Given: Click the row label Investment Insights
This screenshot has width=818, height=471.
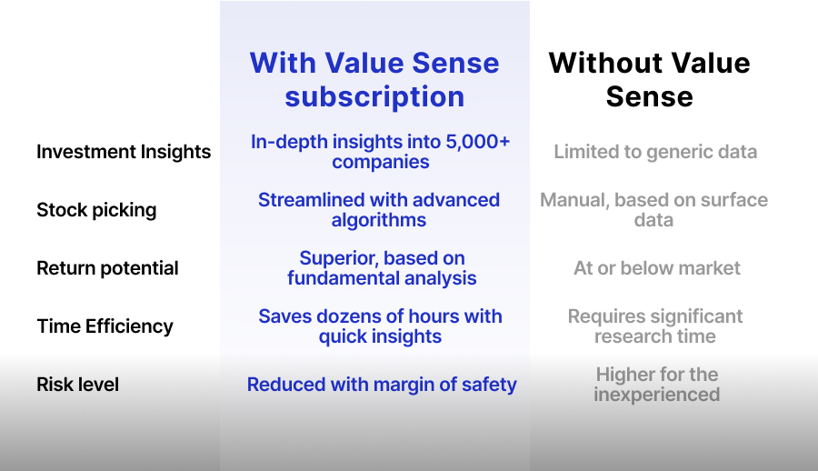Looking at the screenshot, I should (x=124, y=152).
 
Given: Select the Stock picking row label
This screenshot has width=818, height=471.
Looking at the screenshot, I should (x=96, y=210).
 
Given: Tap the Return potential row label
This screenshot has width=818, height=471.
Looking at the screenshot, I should (x=107, y=268).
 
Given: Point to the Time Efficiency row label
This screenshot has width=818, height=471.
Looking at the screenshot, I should (x=105, y=326).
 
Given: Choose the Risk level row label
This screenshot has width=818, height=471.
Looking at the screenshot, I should (x=77, y=385).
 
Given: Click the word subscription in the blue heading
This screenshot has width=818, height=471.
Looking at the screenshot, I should (x=374, y=96).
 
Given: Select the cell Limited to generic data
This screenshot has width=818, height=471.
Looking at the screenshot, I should (x=655, y=152).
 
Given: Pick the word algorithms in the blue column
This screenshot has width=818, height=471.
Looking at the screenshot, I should (x=379, y=220).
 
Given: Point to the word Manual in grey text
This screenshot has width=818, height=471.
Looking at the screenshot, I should (x=571, y=200).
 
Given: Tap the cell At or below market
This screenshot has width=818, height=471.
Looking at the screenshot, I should (x=657, y=268).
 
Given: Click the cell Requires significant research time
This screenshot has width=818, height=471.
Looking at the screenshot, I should (x=655, y=326).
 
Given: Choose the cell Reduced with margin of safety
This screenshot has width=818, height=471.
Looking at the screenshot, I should (x=382, y=385).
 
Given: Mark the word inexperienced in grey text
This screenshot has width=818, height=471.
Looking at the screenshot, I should (x=656, y=395).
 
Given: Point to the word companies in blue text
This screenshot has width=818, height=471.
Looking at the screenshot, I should (x=381, y=162).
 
